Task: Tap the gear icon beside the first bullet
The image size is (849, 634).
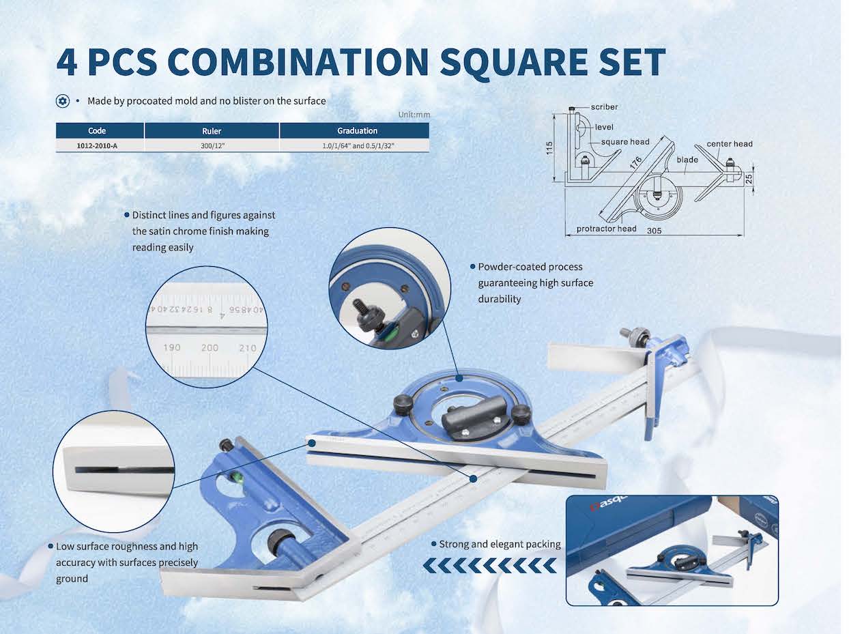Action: click(63, 101)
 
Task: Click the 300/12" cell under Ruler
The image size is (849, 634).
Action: click(212, 145)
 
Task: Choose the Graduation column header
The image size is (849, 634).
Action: click(357, 131)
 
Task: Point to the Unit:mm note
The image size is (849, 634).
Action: click(414, 115)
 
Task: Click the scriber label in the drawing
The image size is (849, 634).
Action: click(604, 107)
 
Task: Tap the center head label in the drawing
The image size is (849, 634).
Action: click(729, 144)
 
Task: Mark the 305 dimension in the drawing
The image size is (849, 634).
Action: click(654, 231)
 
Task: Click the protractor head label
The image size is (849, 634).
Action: click(606, 229)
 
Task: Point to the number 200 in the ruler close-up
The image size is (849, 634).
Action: click(210, 347)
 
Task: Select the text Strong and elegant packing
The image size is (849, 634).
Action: click(500, 545)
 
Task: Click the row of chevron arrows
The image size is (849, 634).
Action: click(489, 565)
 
